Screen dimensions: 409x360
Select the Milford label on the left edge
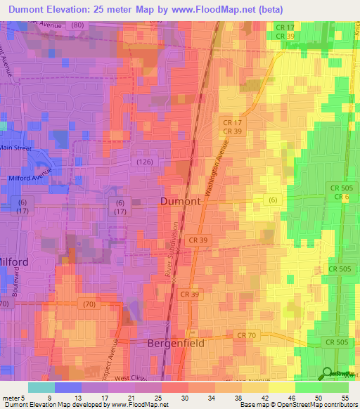[14, 261]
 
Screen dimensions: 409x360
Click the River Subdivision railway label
[169, 259]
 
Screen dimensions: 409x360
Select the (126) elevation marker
[143, 163]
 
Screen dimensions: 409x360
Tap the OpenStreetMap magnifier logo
[328, 375]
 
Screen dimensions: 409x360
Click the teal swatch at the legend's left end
[41, 387]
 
